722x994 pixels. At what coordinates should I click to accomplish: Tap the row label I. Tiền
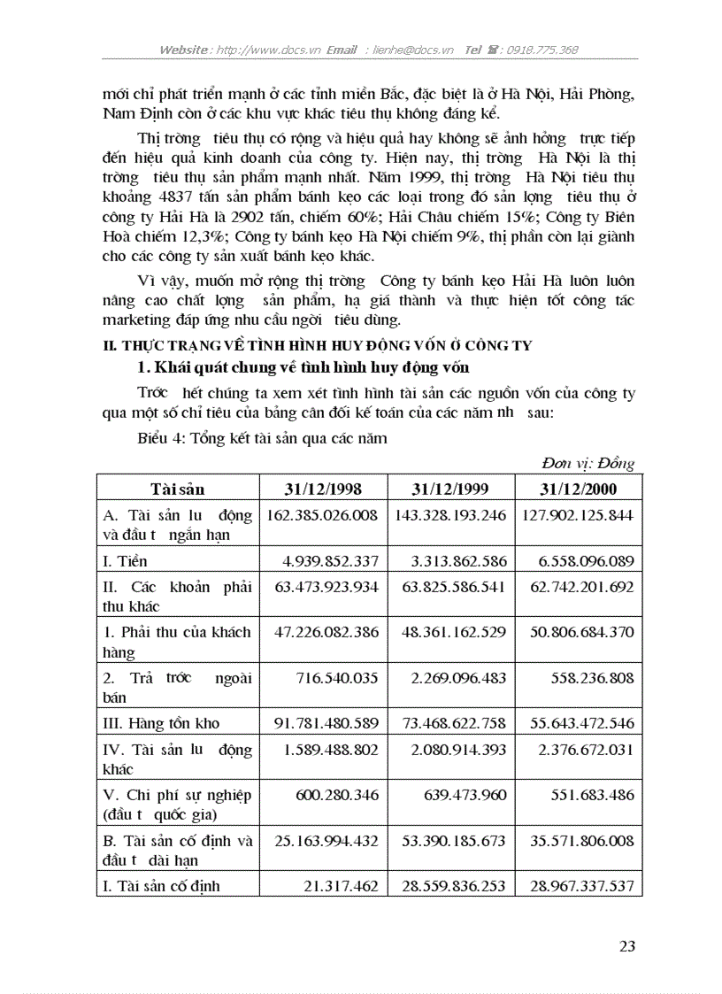(x=126, y=561)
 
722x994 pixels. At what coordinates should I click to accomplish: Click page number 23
(x=627, y=946)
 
